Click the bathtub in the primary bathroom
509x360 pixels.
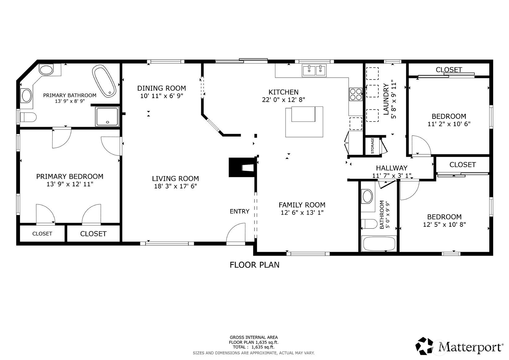104,81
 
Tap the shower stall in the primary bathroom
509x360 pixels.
107,116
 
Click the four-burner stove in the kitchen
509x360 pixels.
355,94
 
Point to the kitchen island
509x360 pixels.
304,122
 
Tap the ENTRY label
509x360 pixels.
239,211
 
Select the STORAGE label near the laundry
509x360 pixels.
372,146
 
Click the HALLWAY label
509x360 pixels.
392,168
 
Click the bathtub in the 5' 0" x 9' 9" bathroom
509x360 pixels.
379,244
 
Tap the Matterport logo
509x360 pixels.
459,346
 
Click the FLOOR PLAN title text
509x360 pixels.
254,265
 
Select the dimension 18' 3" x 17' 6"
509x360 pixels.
175,186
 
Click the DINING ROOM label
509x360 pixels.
161,88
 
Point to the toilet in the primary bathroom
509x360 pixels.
28,117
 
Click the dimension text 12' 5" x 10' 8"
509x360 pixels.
444,225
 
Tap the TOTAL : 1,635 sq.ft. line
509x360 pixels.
253,347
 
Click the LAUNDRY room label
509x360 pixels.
386,99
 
